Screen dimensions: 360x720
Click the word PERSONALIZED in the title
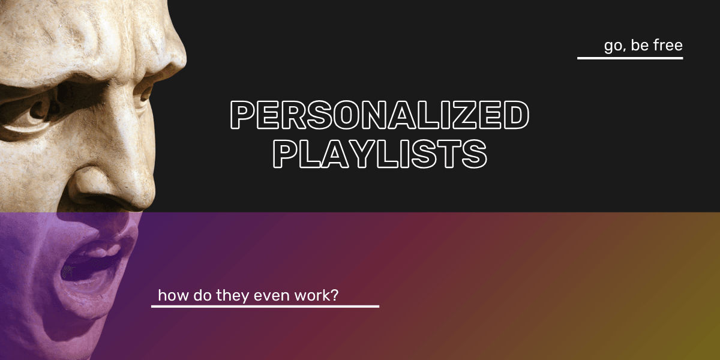pyautogui.click(x=380, y=116)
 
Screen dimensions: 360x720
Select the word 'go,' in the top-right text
pyautogui.click(x=614, y=46)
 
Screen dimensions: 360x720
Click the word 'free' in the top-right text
pyautogui.click(x=667, y=46)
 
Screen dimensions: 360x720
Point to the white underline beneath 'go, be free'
pyautogui.click(x=630, y=58)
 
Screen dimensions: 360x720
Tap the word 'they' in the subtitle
pyautogui.click(x=232, y=295)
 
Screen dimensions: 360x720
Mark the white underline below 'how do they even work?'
pyautogui.click(x=265, y=306)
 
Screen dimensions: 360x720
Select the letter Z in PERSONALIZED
pyautogui.click(x=464, y=116)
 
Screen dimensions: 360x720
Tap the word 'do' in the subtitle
pyautogui.click(x=200, y=295)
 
